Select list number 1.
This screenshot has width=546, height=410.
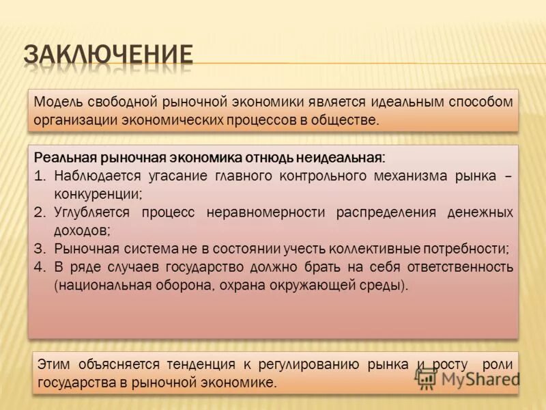pos(40,176)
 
